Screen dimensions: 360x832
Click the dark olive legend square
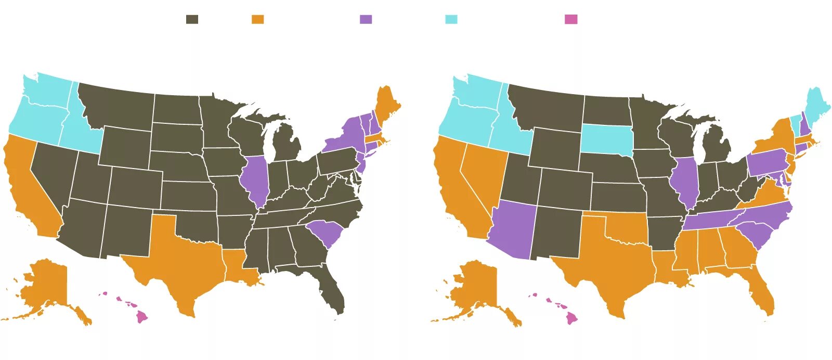[192, 19]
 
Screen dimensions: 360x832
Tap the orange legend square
[257, 19]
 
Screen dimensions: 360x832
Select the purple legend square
[366, 19]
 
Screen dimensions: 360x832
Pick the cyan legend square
[451, 19]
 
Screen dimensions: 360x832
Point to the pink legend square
[571, 19]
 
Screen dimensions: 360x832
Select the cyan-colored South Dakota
[606, 138]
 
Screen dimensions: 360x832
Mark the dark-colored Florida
[333, 291]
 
